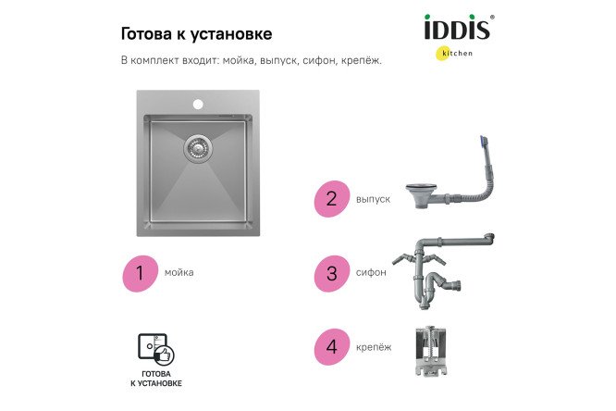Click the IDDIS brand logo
(457, 29)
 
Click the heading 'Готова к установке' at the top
(196, 34)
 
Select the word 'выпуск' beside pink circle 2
(372, 199)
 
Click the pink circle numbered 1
(140, 272)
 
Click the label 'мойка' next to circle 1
(179, 273)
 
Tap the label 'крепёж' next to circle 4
(372, 347)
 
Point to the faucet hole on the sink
(198, 104)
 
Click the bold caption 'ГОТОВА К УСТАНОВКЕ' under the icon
(155, 378)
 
